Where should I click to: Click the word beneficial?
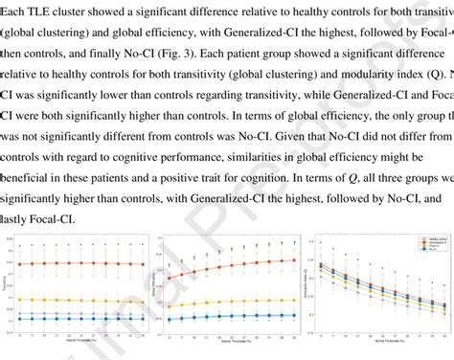(x=34, y=177)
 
